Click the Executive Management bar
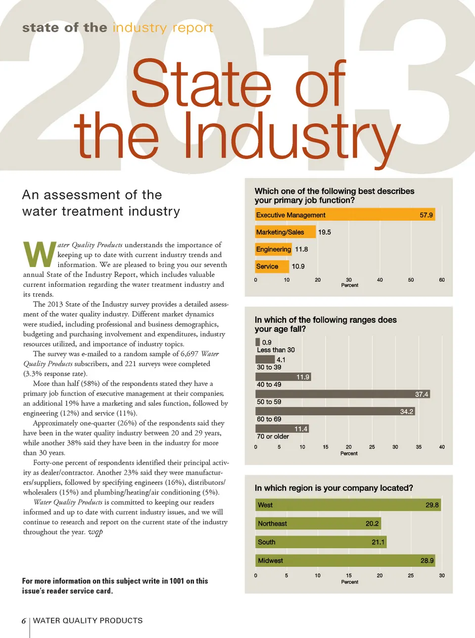(x=344, y=215)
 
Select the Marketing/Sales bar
(x=285, y=232)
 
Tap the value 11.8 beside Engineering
(x=301, y=249)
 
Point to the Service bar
(x=272, y=267)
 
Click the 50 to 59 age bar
(x=342, y=394)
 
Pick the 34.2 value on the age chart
(x=406, y=411)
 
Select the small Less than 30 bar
(x=258, y=342)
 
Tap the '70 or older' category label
(x=273, y=437)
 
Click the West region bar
(x=348, y=505)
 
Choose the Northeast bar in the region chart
(x=318, y=523)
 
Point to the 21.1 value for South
(x=378, y=542)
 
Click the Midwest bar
(x=345, y=560)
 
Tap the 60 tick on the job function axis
(x=442, y=280)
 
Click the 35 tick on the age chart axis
(x=419, y=447)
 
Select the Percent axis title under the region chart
(x=349, y=582)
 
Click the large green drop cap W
(x=40, y=254)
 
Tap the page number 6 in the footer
(x=24, y=621)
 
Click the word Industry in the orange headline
(x=292, y=136)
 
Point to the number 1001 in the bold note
(x=177, y=581)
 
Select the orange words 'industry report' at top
(x=163, y=28)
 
